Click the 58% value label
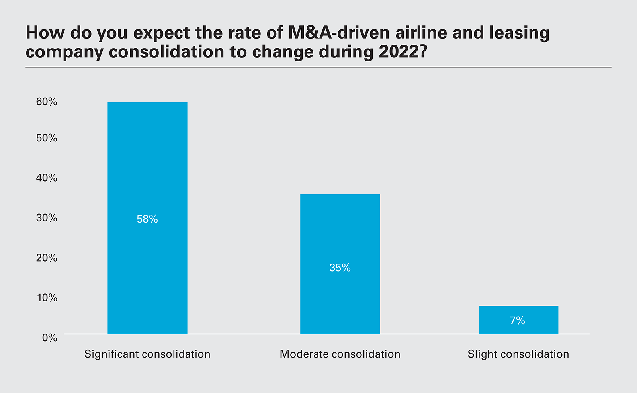(147, 219)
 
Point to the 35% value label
(340, 268)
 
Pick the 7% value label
(518, 321)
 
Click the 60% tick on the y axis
(47, 102)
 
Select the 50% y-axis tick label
(47, 138)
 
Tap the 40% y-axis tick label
(47, 178)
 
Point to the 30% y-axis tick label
(47, 218)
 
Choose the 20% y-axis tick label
(47, 258)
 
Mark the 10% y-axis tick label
(47, 297)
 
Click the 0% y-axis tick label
(49, 338)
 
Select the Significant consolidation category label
(147, 354)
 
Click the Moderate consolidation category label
(340, 354)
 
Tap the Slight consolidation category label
(518, 354)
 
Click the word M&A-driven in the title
(339, 33)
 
